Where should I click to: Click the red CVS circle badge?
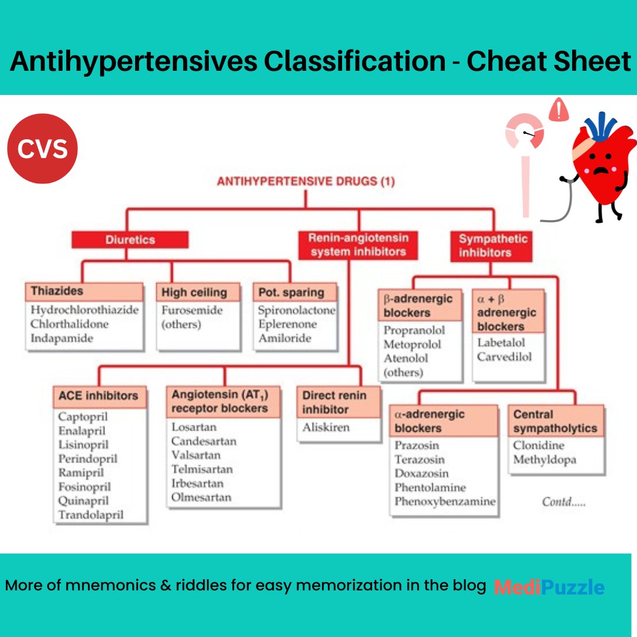[x=42, y=149]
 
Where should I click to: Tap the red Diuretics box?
[x=130, y=239]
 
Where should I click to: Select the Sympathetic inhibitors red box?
[x=493, y=245]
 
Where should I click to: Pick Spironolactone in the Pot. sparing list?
[x=296, y=310]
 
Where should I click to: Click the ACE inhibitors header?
[x=98, y=396]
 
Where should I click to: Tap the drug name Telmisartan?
[x=202, y=469]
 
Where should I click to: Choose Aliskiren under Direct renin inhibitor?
[x=326, y=427]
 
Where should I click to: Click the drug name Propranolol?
[x=414, y=330]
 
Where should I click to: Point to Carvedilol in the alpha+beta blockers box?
[x=504, y=357]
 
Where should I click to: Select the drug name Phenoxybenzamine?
[x=445, y=502]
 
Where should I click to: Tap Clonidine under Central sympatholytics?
[x=539, y=445]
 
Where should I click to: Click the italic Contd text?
[x=564, y=503]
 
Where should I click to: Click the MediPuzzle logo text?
[x=549, y=587]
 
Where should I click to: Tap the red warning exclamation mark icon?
[x=557, y=110]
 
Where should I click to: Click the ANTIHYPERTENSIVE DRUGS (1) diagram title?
[x=306, y=182]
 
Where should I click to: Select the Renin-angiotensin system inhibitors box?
[x=358, y=245]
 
